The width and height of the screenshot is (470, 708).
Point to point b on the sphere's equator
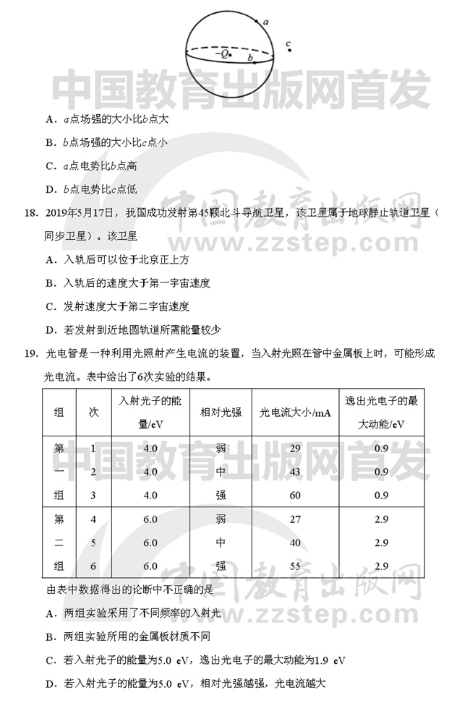(x=255, y=62)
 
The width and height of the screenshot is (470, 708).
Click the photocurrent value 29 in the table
(x=294, y=449)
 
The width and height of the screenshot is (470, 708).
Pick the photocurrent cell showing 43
(x=294, y=472)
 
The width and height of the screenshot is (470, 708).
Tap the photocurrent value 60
(x=294, y=495)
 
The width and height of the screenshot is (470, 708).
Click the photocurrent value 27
(x=294, y=519)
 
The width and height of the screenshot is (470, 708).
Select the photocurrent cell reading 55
(x=294, y=566)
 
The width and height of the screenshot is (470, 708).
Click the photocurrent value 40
(x=294, y=543)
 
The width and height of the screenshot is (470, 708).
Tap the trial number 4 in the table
(x=93, y=519)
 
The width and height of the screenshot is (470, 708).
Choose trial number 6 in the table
(x=93, y=566)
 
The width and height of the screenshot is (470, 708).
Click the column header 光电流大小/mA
(x=294, y=413)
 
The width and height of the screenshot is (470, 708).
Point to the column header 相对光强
(x=221, y=413)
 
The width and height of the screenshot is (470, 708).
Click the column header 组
(x=59, y=413)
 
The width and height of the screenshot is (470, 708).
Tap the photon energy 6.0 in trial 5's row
(x=150, y=543)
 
